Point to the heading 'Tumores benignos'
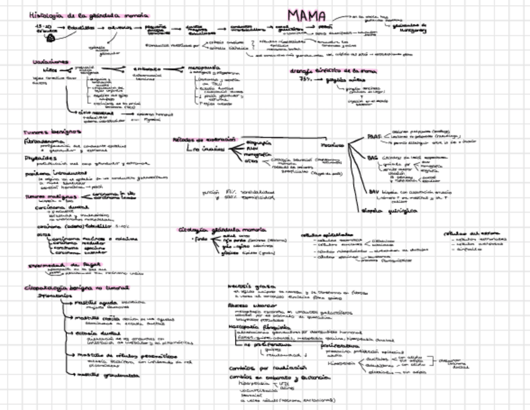(x=52, y=132)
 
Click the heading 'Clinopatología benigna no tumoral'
(x=76, y=288)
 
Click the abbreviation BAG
(x=373, y=157)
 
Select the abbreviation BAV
(x=374, y=191)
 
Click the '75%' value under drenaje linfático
(x=307, y=81)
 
